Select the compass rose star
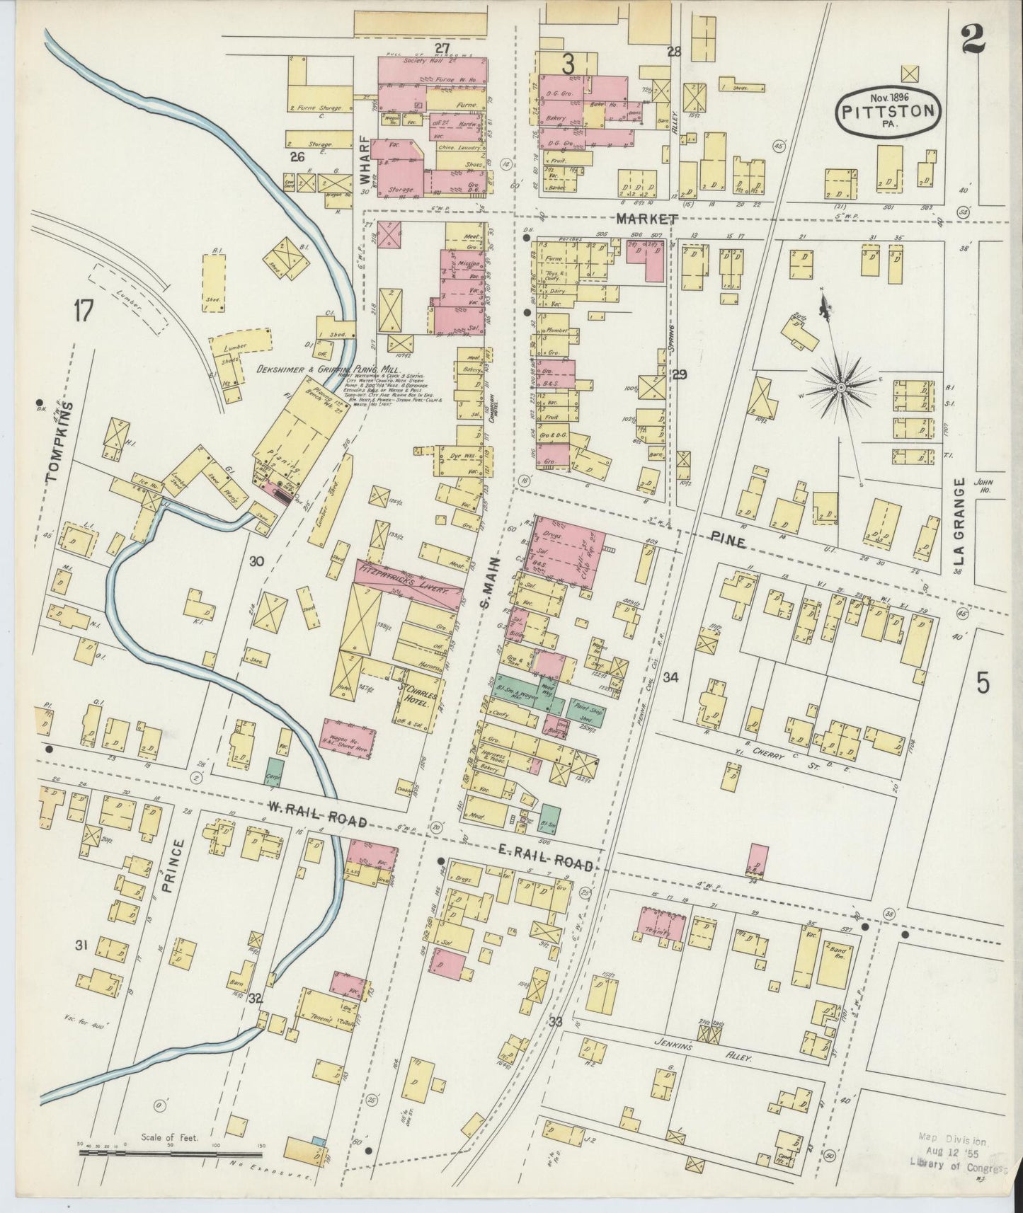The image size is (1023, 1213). tap(840, 387)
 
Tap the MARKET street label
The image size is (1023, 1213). tap(646, 219)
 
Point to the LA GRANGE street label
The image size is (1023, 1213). tap(959, 521)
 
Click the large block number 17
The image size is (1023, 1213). tap(83, 310)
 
